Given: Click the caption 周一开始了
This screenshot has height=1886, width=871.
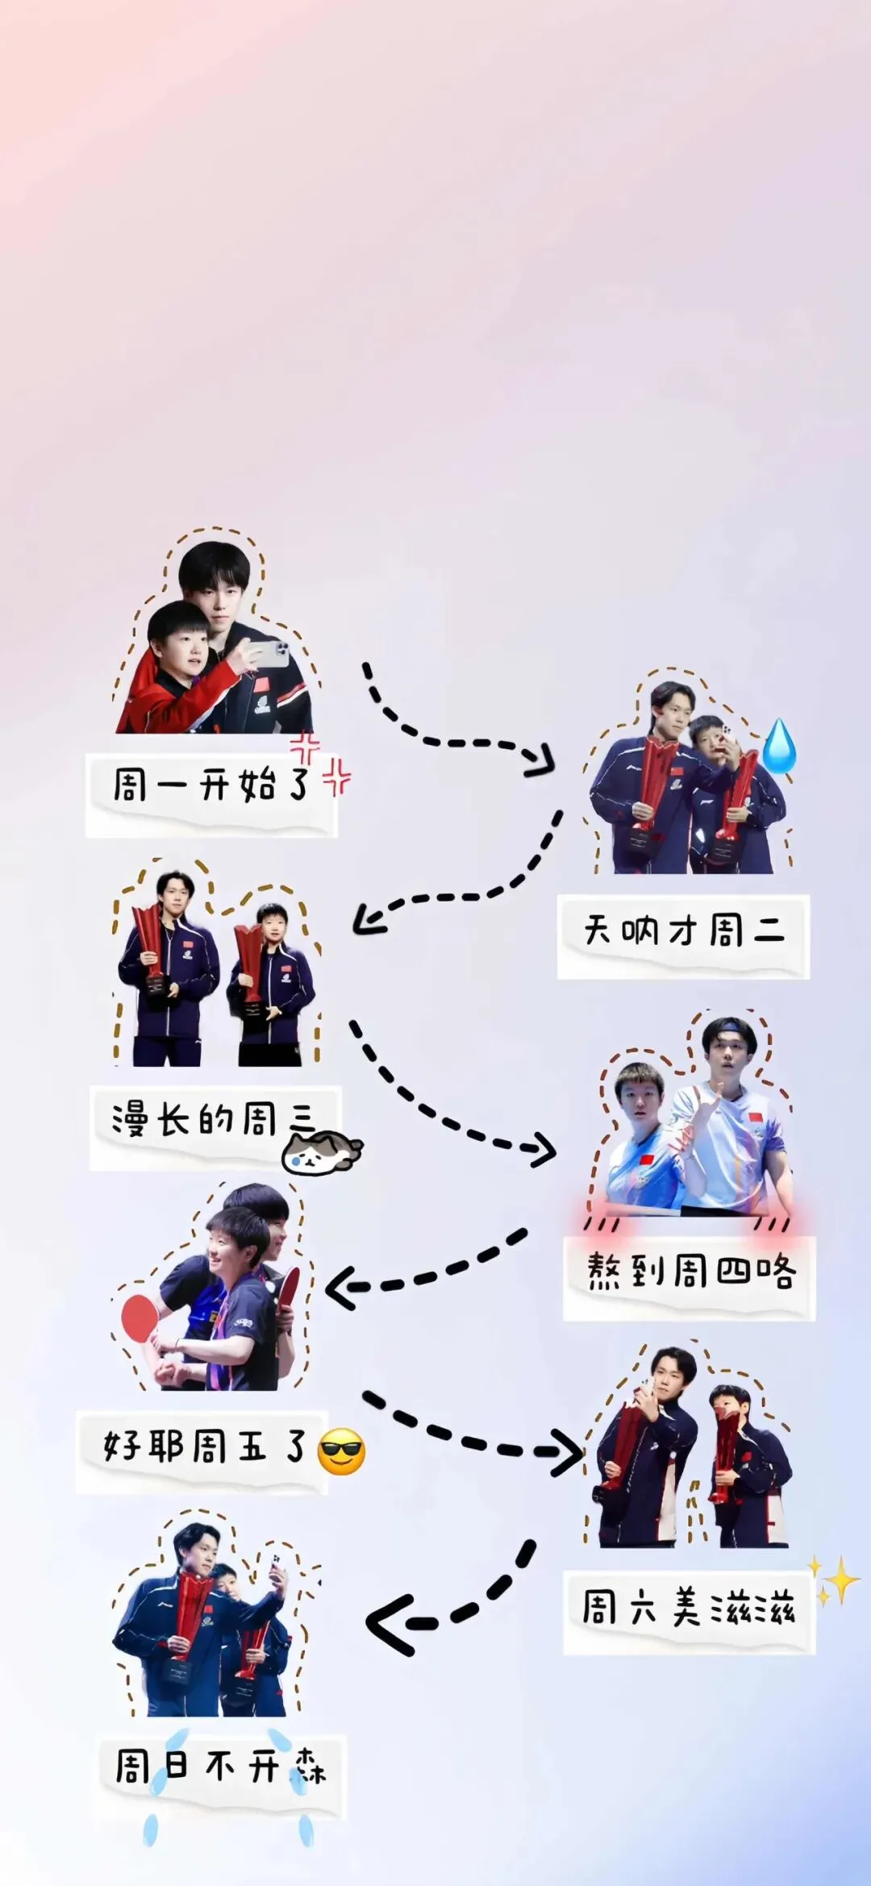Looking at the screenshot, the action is [210, 784].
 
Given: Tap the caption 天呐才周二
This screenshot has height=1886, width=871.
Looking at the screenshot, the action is [683, 931].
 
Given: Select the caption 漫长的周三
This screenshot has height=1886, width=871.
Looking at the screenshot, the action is [214, 1120].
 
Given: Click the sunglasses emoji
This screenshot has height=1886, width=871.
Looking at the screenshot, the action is [341, 1451].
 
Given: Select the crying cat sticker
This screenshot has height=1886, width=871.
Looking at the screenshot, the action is [321, 1151].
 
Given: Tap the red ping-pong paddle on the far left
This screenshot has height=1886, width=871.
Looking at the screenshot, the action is [139, 1315].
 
